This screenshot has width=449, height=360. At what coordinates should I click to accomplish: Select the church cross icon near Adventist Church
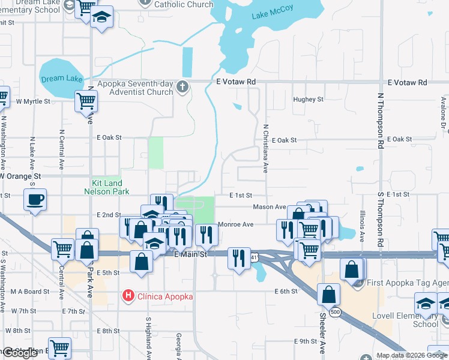click(x=183, y=88)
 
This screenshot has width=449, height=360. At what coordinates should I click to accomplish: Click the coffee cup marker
click(x=35, y=199)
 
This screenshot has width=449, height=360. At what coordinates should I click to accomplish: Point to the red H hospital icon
click(x=128, y=295)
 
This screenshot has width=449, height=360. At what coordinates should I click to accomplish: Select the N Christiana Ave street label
click(x=265, y=148)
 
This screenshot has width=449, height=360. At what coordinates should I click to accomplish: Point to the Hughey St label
click(x=308, y=100)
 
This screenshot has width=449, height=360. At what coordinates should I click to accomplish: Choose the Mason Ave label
click(x=269, y=207)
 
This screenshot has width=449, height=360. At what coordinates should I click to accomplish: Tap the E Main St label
click(x=190, y=254)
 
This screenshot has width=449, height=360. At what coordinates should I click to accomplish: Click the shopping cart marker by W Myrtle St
click(x=86, y=101)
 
